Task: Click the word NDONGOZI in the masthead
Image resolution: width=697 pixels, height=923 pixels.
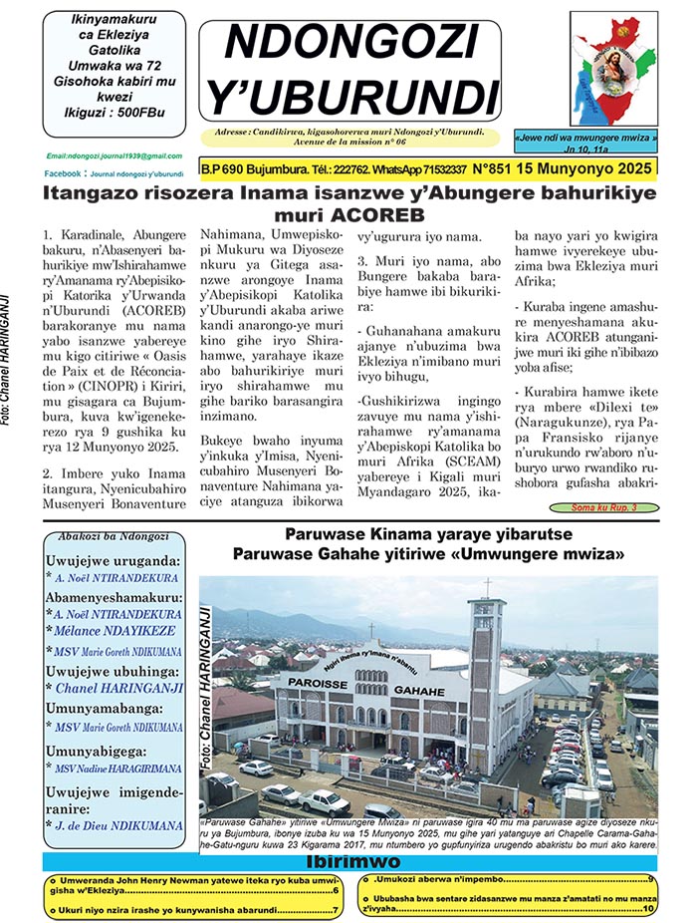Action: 349,42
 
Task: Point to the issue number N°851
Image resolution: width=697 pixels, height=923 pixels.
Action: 498,170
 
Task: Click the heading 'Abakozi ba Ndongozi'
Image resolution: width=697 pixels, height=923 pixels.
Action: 102,535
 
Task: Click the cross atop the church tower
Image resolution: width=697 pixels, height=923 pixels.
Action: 488,559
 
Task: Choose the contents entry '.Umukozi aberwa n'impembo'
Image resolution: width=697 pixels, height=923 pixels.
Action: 509,879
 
